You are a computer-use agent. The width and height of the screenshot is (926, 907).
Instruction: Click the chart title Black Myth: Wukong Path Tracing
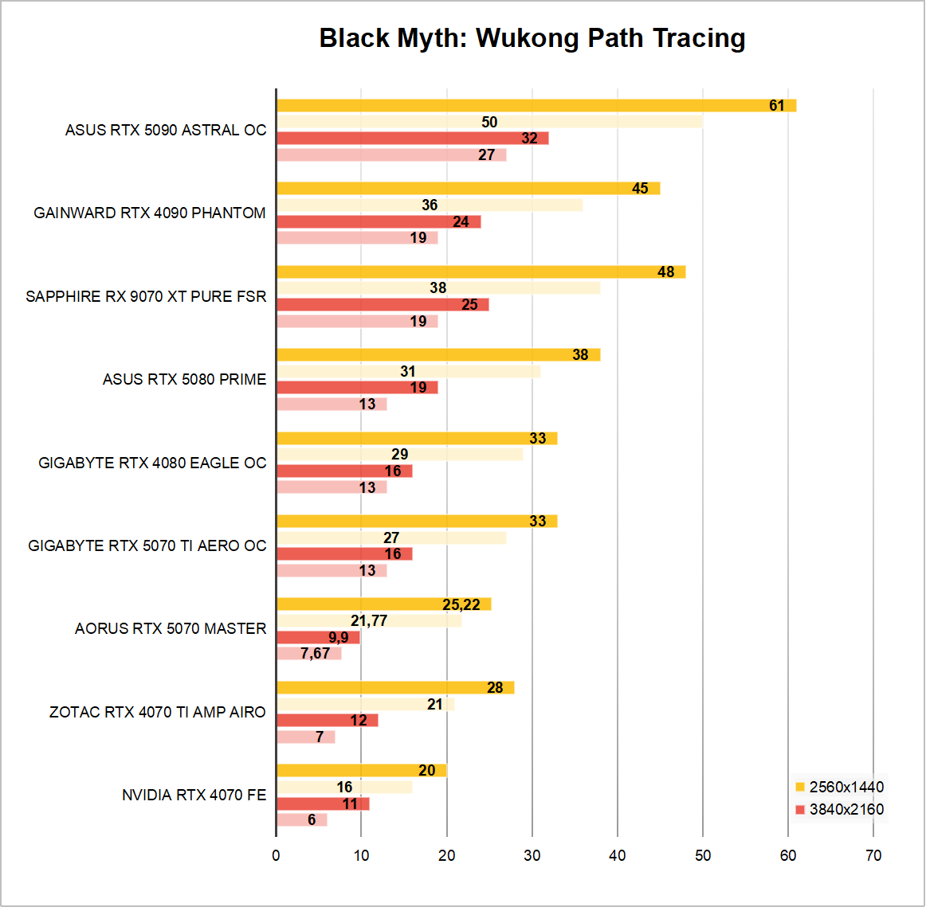click(x=532, y=38)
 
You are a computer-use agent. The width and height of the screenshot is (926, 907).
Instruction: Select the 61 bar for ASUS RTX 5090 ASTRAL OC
click(x=536, y=105)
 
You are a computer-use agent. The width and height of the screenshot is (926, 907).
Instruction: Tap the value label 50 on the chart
click(x=489, y=122)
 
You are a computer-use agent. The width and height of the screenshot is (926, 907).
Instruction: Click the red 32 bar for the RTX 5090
click(x=412, y=139)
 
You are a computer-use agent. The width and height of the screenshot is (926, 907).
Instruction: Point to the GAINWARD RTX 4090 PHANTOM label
click(x=150, y=213)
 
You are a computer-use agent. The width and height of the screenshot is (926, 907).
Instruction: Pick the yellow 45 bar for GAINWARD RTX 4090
click(x=468, y=188)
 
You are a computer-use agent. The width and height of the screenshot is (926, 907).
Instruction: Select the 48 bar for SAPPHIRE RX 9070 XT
click(x=481, y=272)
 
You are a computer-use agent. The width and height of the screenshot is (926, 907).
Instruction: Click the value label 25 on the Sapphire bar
click(x=469, y=305)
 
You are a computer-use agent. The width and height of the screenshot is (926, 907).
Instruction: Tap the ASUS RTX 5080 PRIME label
click(x=184, y=379)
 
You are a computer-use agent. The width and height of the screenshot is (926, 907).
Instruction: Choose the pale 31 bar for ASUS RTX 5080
click(x=408, y=371)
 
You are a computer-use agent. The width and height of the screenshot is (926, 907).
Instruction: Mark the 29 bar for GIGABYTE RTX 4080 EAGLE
click(x=399, y=454)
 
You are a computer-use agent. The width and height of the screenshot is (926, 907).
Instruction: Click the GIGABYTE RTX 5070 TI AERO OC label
click(x=147, y=545)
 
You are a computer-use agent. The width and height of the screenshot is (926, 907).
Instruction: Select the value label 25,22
click(x=461, y=604)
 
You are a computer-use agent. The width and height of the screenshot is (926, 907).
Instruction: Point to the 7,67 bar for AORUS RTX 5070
click(x=308, y=654)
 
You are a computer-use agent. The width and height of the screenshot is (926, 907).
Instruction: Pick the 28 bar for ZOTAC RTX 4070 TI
click(x=395, y=687)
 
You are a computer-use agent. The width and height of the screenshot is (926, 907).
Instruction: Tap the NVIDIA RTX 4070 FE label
click(x=194, y=795)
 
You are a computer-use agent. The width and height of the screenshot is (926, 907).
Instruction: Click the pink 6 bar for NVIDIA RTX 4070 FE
click(x=301, y=820)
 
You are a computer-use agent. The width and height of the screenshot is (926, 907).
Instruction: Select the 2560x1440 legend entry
click(x=840, y=787)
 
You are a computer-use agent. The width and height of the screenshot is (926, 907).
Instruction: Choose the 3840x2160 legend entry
click(x=840, y=809)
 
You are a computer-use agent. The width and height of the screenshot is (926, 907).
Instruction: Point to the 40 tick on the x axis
click(x=618, y=855)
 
